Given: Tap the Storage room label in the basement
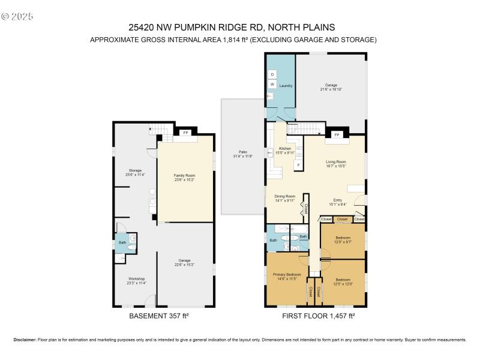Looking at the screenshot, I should click(x=134, y=172).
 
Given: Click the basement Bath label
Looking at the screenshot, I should click(x=122, y=242).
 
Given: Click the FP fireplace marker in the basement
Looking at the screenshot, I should click(x=185, y=132).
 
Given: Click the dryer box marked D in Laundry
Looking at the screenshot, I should click(x=272, y=74).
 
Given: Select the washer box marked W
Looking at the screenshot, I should click(x=272, y=85).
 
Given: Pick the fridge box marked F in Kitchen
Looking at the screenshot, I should click(x=298, y=164).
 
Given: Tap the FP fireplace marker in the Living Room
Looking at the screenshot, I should click(x=337, y=136).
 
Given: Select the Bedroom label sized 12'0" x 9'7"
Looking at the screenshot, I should click(x=343, y=239).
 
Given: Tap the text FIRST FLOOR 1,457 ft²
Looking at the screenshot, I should click(x=319, y=315).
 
